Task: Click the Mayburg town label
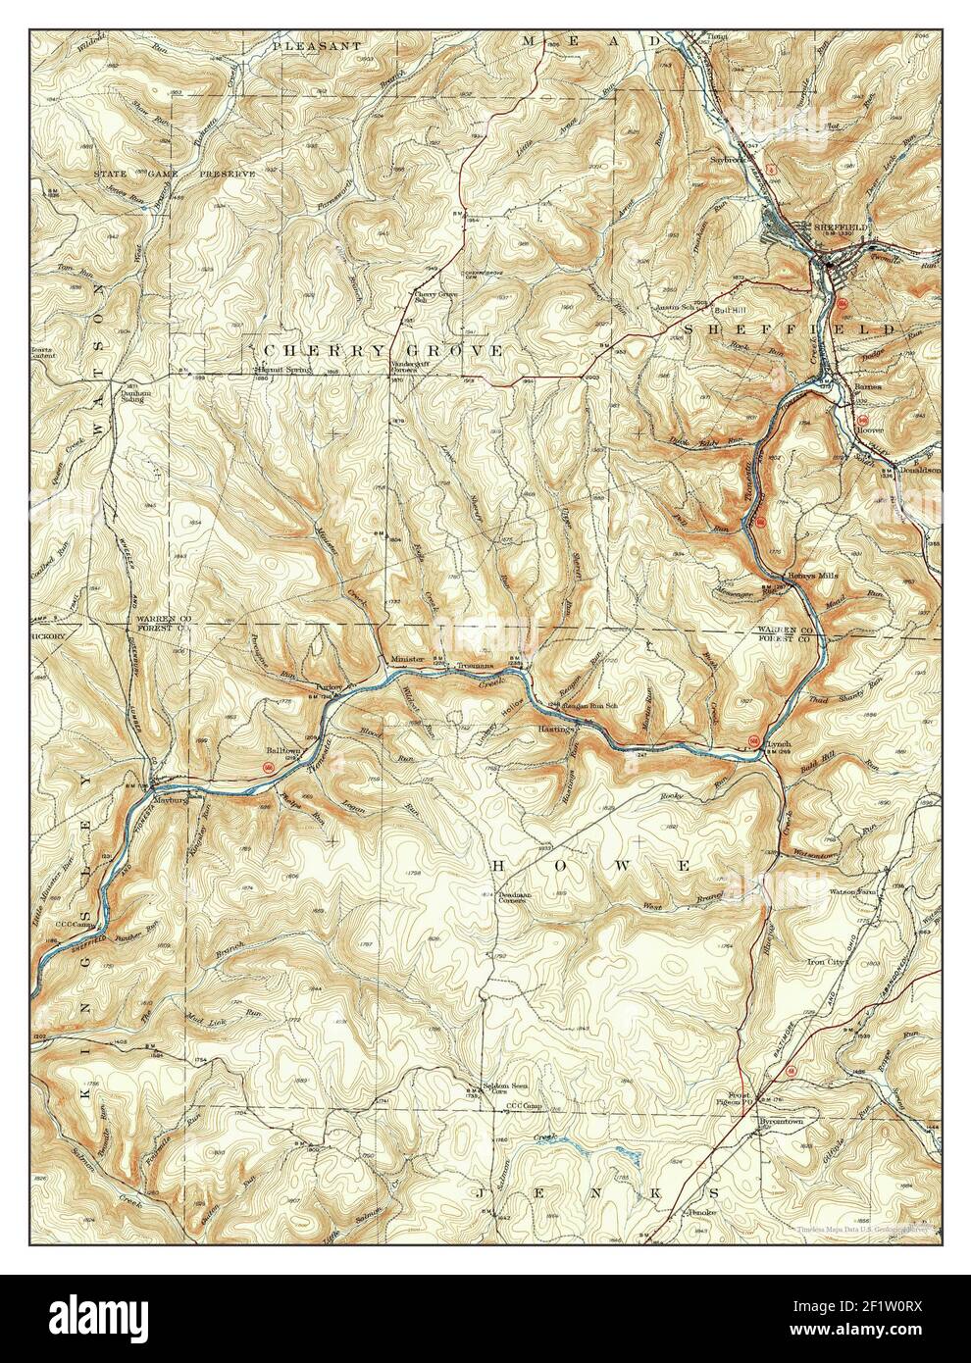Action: [x=170, y=799]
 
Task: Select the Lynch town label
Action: [x=776, y=744]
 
